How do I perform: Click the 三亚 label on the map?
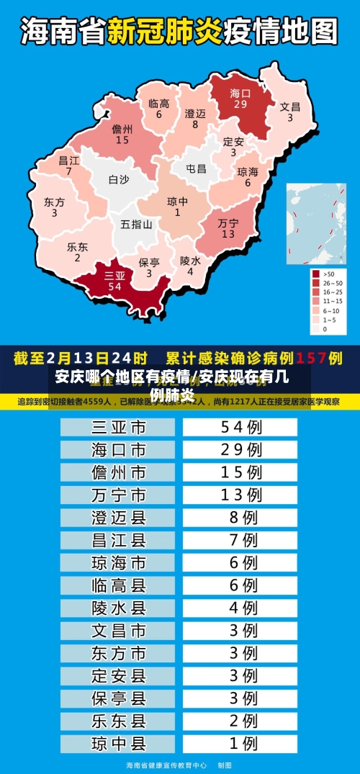point(114,275)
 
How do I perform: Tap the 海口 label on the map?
point(240,93)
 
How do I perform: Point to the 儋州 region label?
point(122,130)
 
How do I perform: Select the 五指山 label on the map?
point(136,224)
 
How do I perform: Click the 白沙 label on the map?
point(119,180)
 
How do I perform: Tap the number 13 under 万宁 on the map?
point(228,234)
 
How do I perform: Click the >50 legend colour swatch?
point(315,274)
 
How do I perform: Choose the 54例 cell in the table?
point(240,428)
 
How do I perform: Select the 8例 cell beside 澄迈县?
point(240,517)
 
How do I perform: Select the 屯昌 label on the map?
point(196,168)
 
